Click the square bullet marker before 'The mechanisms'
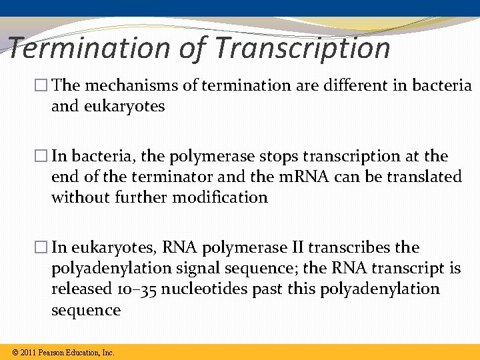tap(44, 86)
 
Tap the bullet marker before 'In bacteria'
tap(44, 157)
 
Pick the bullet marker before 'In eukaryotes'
tap(44, 248)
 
